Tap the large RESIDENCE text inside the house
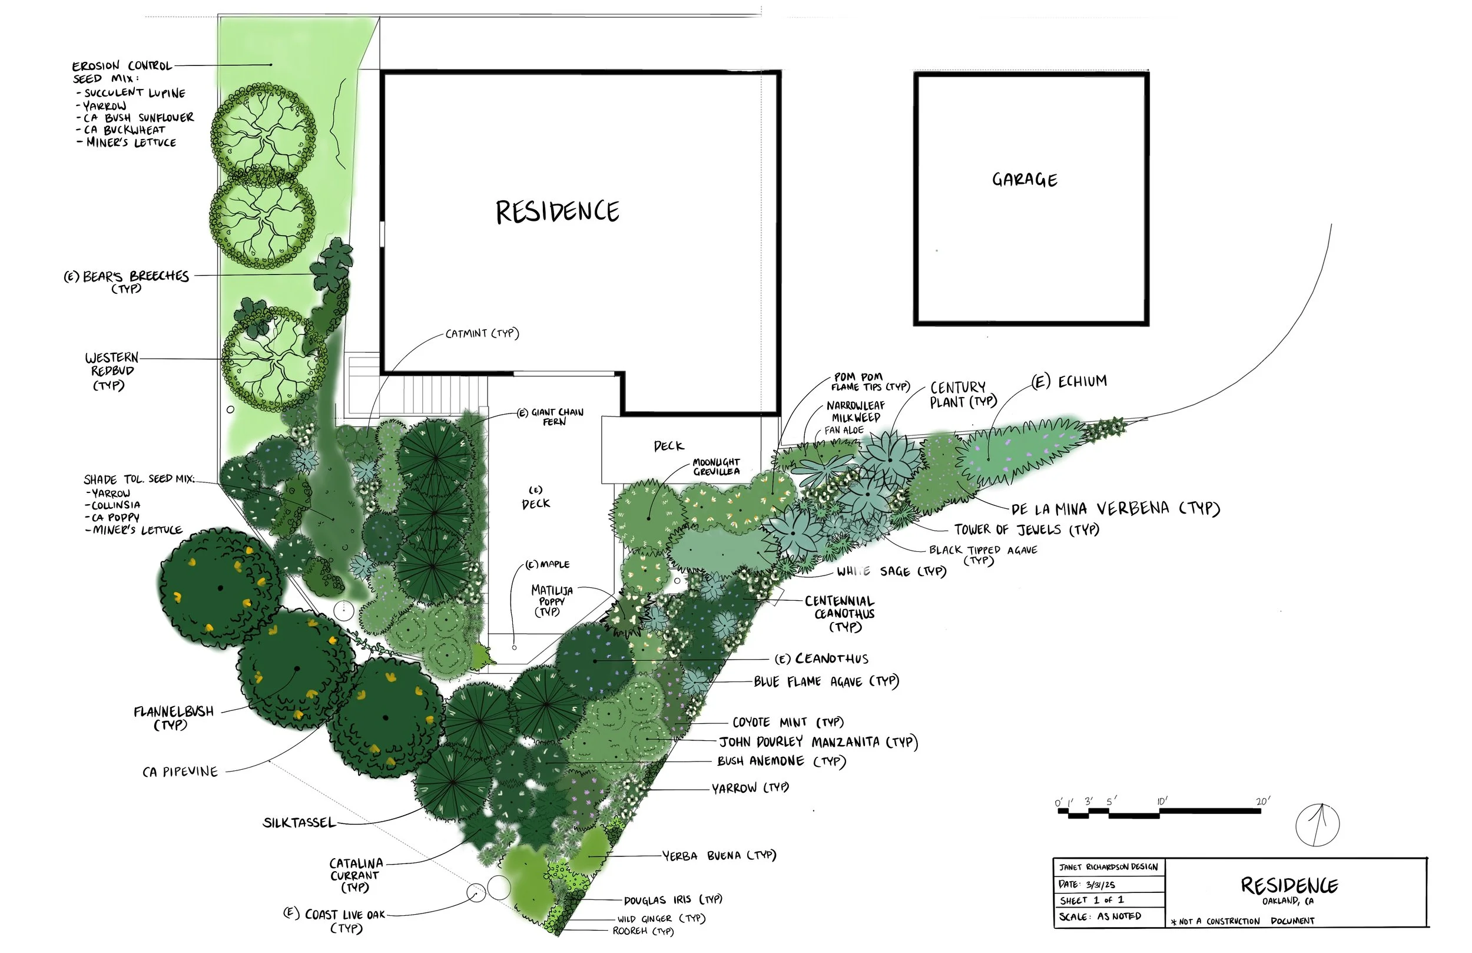pyautogui.click(x=556, y=212)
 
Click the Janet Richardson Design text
pyautogui.click(x=1108, y=867)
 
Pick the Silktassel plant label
pyautogui.click(x=299, y=822)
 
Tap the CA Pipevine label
pyautogui.click(x=180, y=772)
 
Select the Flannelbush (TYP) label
pyautogui.click(x=173, y=717)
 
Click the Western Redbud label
pyautogui.click(x=112, y=370)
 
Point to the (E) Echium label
pyautogui.click(x=1069, y=381)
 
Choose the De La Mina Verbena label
pyautogui.click(x=1115, y=509)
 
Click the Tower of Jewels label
pyautogui.click(x=1026, y=530)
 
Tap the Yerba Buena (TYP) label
pyautogui.click(x=719, y=855)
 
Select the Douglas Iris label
pyautogui.click(x=672, y=900)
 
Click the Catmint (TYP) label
pyautogui.click(x=482, y=333)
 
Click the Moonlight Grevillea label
pyautogui.click(x=715, y=466)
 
